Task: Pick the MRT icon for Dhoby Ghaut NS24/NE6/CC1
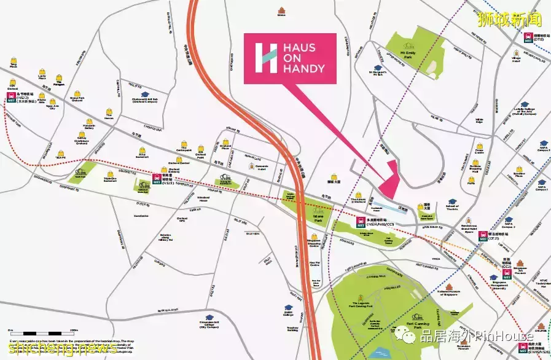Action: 361,222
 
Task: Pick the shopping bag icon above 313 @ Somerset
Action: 143,146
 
